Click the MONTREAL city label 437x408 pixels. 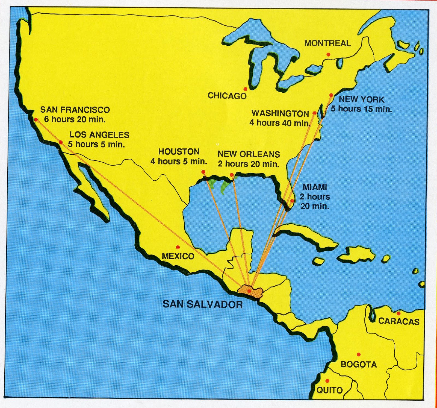327,43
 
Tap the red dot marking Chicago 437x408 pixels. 245,89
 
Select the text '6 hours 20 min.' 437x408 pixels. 75,119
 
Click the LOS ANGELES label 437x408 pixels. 99,135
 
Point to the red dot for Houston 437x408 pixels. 203,172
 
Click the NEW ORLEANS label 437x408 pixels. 249,154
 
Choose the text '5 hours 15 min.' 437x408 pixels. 361,109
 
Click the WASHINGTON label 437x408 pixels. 280,113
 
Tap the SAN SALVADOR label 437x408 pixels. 202,304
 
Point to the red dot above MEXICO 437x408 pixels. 178,247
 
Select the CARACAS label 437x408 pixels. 399,321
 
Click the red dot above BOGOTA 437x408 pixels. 359,354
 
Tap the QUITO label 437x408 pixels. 329,390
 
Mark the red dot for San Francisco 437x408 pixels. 36,120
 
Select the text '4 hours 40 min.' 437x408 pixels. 280,123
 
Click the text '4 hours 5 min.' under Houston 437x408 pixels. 179,162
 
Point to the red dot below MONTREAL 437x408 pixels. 328,55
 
